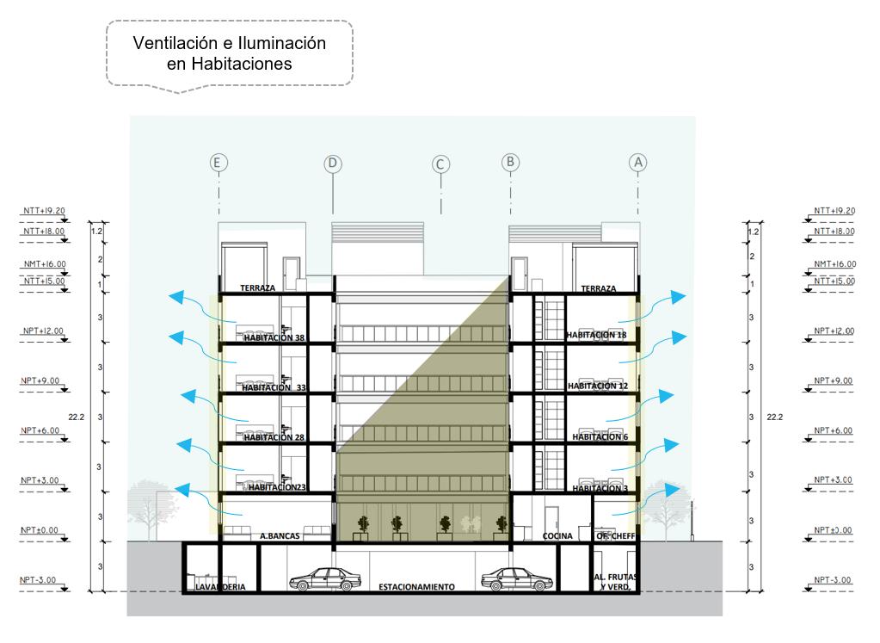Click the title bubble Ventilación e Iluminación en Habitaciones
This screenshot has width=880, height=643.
229,53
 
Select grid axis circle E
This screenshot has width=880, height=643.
219,162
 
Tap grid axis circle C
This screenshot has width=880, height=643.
441,163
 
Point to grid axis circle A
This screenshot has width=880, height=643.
637,162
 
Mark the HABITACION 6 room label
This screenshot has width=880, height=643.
597,437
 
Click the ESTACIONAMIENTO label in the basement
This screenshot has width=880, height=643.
416,587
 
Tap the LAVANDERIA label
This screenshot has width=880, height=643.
220,587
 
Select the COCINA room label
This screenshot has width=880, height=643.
557,536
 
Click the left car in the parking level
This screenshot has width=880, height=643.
323,578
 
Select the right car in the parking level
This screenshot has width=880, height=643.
514,578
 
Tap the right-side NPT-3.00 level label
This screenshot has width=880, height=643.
834,580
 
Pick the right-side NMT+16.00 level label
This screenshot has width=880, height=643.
834,265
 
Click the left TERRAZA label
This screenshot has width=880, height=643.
257,289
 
